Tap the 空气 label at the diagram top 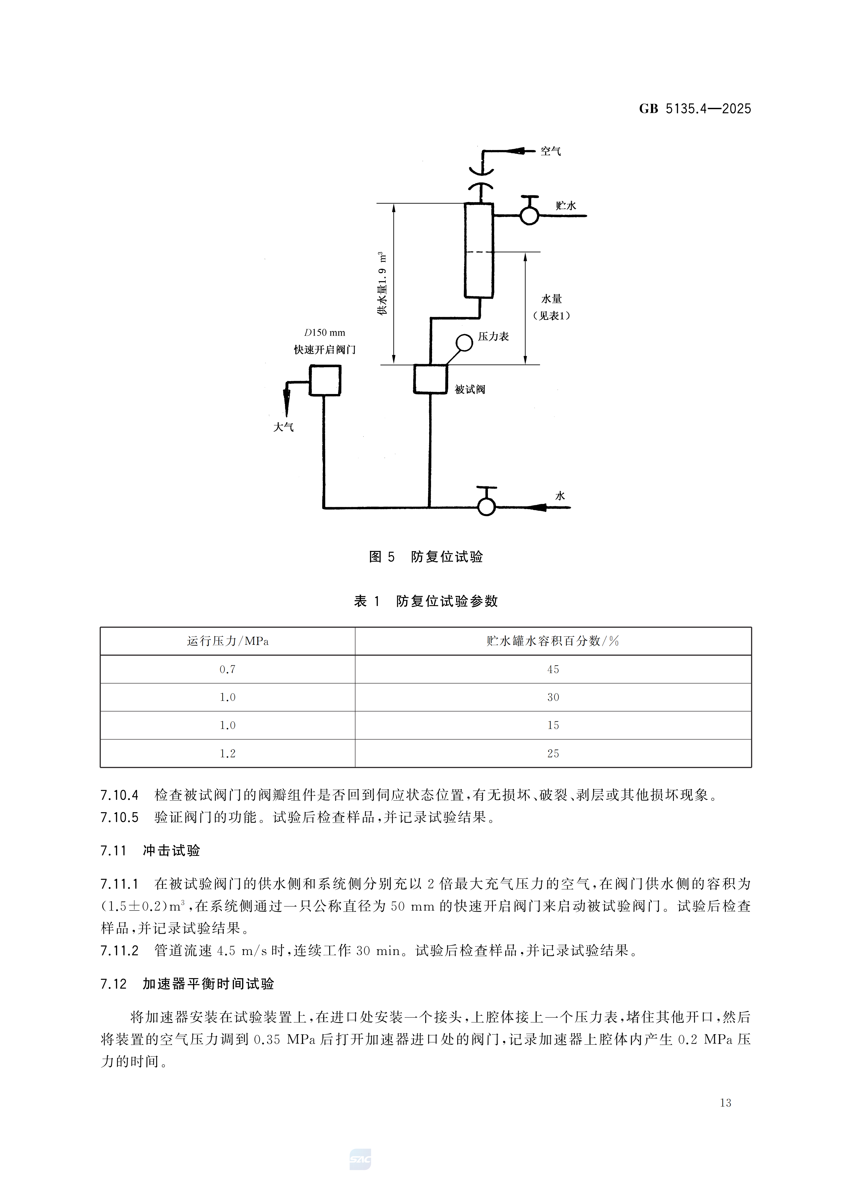550,151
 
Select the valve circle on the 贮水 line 529,215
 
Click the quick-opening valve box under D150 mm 325,381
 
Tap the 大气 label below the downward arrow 283,427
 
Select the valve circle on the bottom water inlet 486,506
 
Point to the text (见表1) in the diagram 551,316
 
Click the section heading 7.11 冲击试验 150,851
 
